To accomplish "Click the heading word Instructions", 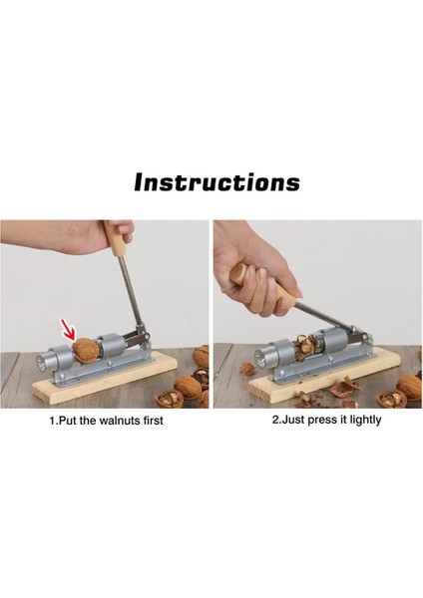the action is coord(216,182).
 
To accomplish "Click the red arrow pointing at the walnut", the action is coord(69,329).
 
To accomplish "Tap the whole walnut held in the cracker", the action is coord(87,350).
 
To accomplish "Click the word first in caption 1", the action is coord(153,421).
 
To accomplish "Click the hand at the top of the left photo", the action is coord(69,238).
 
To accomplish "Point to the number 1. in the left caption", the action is coord(54,421).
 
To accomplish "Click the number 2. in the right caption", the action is coord(276,421).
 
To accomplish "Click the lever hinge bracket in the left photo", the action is coord(142,337).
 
